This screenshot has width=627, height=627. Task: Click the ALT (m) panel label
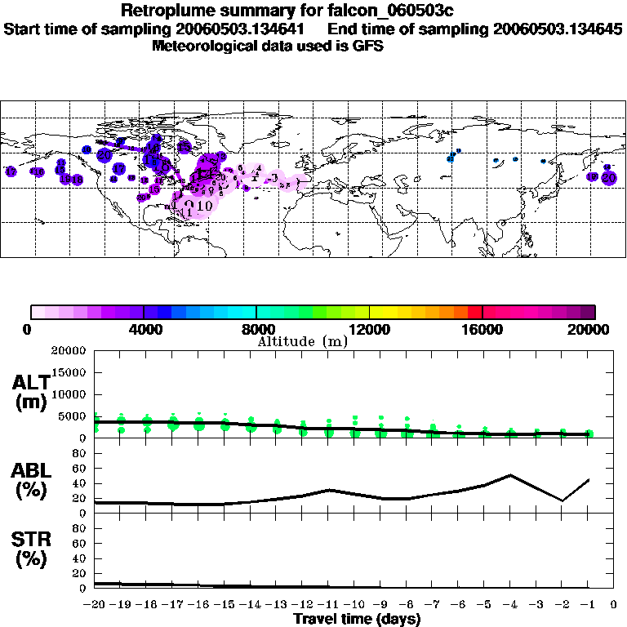[33, 392]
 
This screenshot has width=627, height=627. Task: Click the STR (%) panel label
[33, 549]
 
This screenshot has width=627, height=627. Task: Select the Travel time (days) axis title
[357, 620]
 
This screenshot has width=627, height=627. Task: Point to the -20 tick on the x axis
[95, 605]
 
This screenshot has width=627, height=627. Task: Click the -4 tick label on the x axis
[509, 605]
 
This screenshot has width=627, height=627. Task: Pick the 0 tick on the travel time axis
[614, 605]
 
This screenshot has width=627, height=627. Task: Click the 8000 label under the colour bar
[256, 329]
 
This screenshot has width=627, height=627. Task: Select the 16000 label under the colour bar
[482, 329]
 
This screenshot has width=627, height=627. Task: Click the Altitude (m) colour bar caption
[301, 341]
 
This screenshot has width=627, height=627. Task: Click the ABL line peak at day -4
[510, 474]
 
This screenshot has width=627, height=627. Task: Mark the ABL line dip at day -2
[563, 500]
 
